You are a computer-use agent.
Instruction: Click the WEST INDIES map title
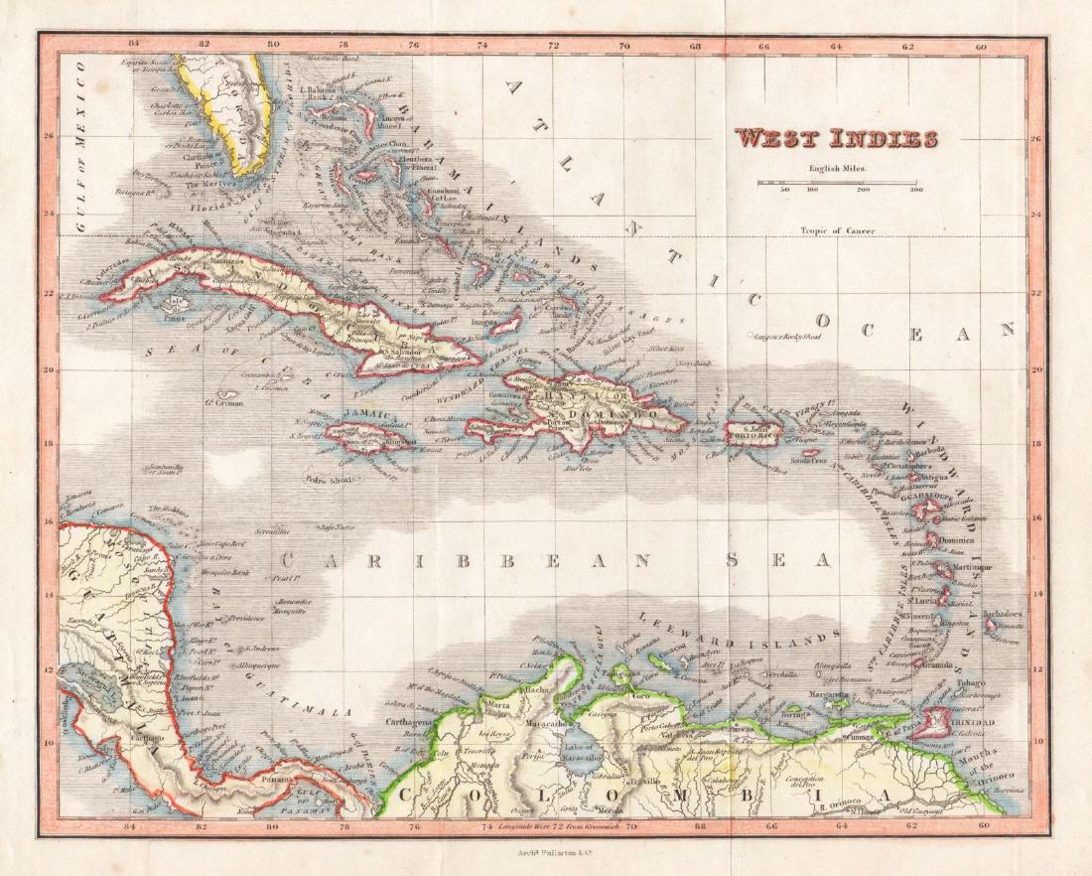point(836,138)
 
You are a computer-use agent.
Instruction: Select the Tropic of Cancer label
point(839,231)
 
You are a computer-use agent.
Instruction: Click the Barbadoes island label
point(1003,614)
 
